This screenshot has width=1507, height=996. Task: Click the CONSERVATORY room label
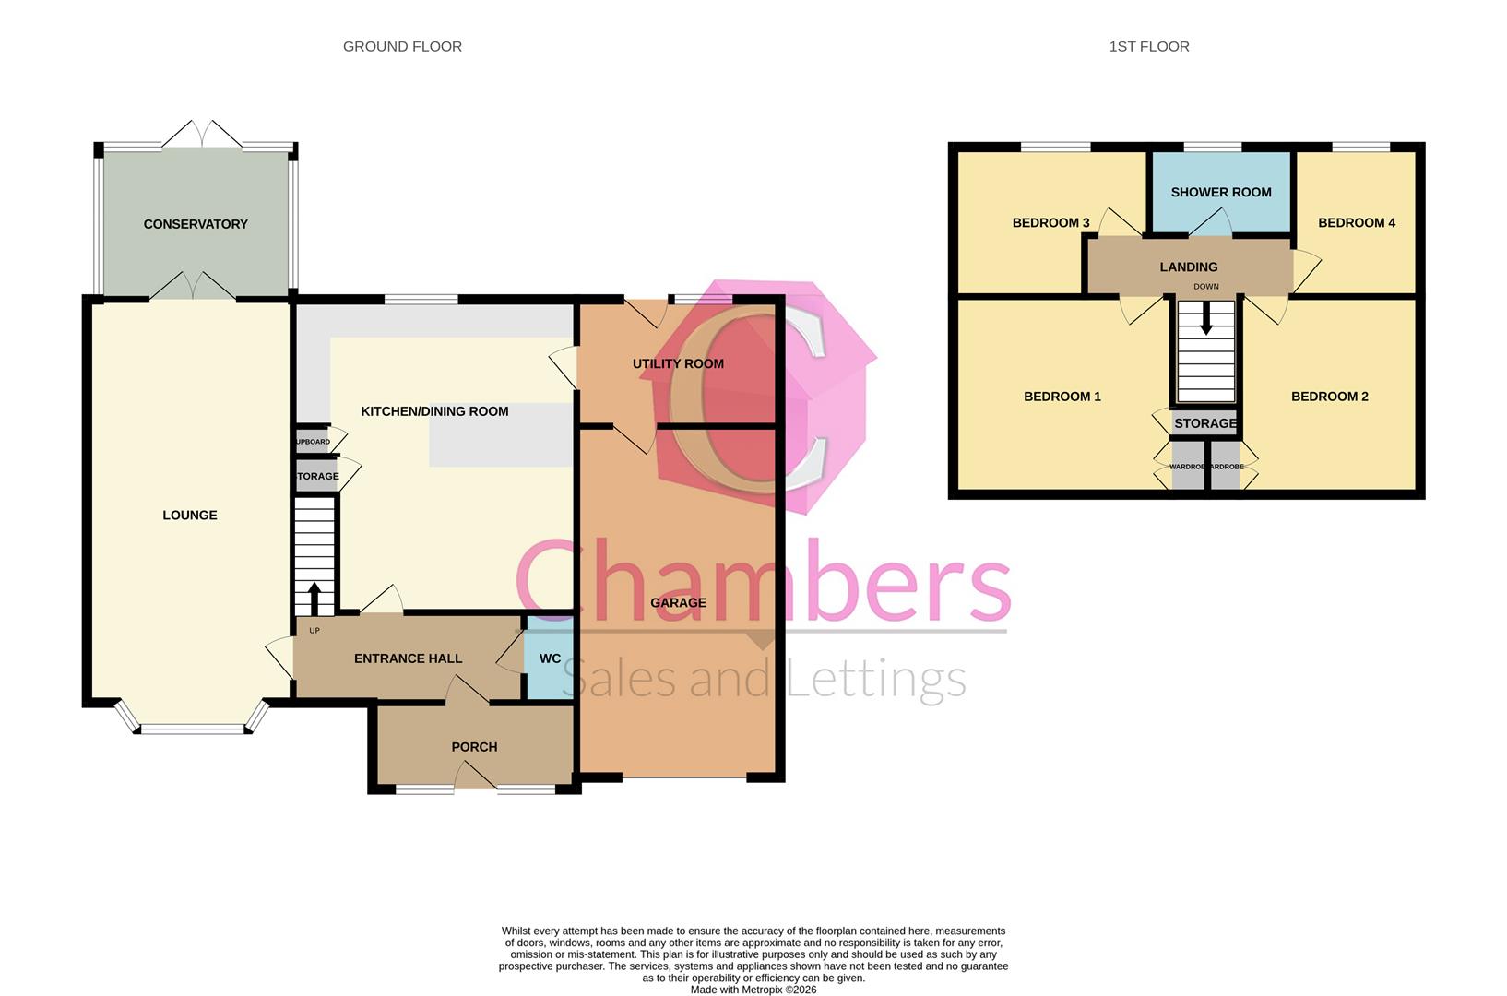[196, 224]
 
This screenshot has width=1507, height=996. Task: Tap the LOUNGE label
[190, 516]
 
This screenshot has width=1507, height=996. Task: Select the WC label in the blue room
[550, 658]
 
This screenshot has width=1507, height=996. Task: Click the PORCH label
[474, 747]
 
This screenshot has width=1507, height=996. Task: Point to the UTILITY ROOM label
[678, 364]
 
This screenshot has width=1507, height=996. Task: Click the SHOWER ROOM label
[1221, 193]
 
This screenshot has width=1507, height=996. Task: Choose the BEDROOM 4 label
[1356, 223]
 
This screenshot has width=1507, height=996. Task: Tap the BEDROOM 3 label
[1050, 223]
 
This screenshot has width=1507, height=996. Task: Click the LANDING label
[1189, 267]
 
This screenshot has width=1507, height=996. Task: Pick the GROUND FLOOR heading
[402, 46]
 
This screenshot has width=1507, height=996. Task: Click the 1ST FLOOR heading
[1148, 46]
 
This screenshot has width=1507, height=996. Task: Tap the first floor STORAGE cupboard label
[1204, 423]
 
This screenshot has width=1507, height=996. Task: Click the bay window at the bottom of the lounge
[194, 729]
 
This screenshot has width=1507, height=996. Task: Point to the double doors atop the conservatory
[202, 135]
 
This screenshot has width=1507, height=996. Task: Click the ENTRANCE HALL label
[408, 658]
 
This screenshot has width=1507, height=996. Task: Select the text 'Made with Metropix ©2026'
[753, 990]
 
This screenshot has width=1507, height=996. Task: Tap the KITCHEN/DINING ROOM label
[434, 411]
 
